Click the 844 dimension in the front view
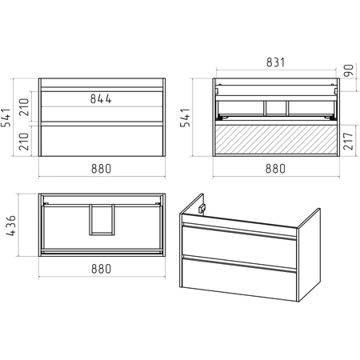coord(101,99)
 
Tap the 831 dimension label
coord(276,62)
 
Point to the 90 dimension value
coord(349,70)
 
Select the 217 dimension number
coord(349,141)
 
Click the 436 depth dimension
coord(11,226)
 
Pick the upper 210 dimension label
coord(24,107)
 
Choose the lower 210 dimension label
coord(24,142)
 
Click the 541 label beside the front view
coord(6,118)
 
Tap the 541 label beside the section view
coord(186,118)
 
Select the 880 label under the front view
coord(101,169)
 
